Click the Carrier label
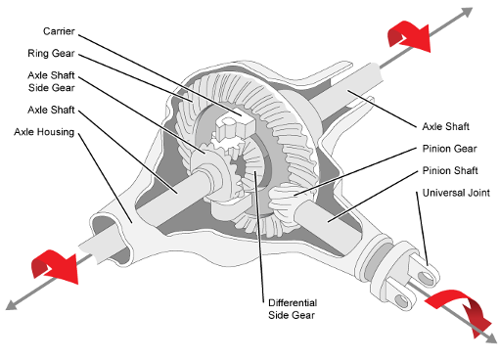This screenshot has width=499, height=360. tap(46, 30)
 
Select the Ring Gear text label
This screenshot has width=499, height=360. tap(50, 53)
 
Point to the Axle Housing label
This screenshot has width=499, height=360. tap(45, 131)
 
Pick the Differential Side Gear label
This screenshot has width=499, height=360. tap(293, 308)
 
